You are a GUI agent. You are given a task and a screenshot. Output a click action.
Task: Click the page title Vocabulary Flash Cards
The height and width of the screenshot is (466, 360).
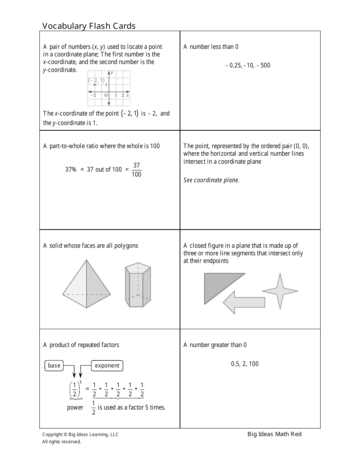(89, 26)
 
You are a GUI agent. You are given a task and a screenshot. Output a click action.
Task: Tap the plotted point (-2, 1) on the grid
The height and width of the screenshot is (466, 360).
(95, 84)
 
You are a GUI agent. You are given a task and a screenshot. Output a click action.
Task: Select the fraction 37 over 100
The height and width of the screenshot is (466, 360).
(136, 170)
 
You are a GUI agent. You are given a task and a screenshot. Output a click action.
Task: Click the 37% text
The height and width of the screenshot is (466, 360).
(70, 170)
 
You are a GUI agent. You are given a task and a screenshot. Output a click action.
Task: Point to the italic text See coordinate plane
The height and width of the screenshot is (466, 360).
(211, 180)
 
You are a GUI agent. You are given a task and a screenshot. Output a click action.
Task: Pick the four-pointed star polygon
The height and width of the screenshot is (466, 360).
(280, 291)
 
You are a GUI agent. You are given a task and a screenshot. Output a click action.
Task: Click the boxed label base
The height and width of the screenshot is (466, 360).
(54, 366)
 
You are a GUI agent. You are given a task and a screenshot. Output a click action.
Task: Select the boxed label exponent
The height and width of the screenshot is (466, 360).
(107, 366)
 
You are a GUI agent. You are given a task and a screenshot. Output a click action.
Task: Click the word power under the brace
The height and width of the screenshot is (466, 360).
(75, 408)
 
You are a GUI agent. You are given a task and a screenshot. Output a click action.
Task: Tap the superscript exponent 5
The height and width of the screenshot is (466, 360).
(80, 382)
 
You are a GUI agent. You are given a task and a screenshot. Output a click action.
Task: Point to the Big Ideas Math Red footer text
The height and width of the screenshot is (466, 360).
(274, 434)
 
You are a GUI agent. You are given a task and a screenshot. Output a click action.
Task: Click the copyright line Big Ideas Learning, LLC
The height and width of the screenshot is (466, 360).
(80, 435)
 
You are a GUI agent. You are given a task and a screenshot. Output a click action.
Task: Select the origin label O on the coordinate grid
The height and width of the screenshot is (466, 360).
(106, 95)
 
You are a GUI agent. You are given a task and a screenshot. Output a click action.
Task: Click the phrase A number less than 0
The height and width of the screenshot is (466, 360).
(211, 47)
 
